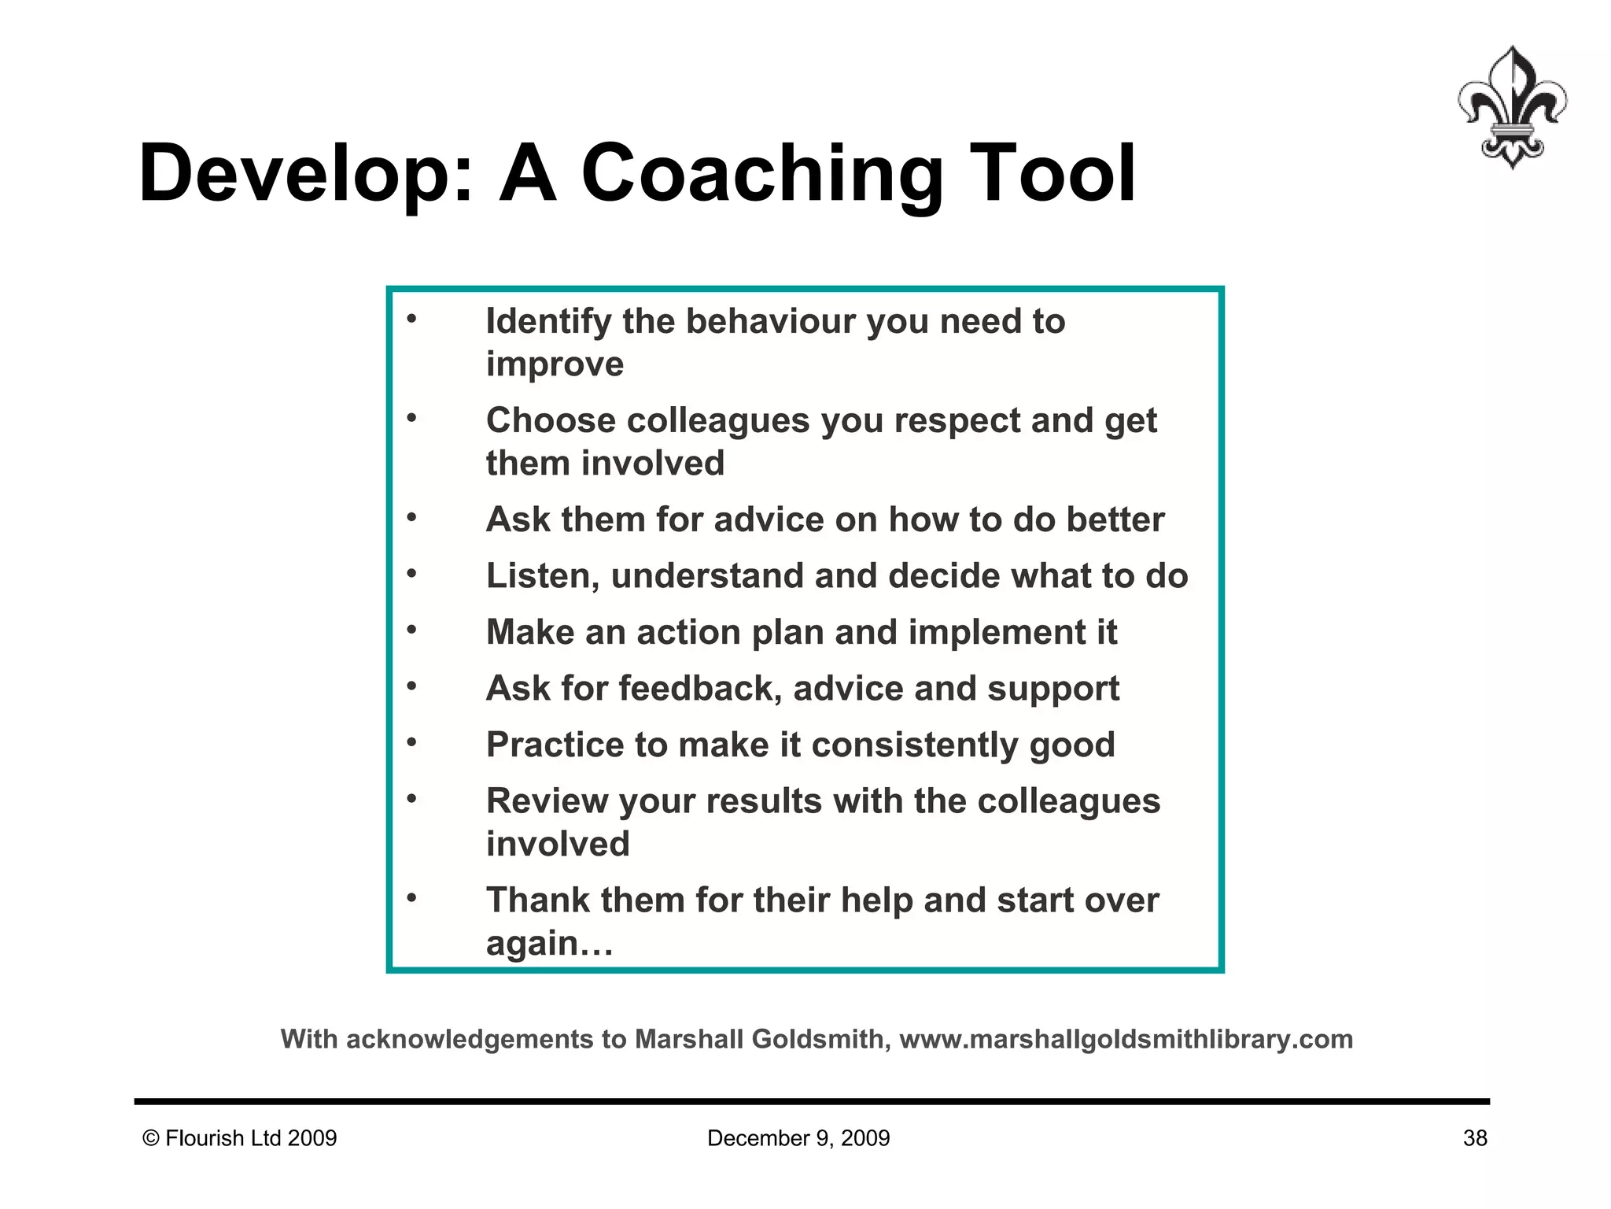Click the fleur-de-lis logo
[1511, 107]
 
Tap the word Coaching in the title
[761, 174]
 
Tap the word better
[1115, 520]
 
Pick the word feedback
[699, 689]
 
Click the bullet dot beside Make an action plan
[411, 630]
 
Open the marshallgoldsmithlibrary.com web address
[1126, 1040]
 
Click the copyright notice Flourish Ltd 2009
[240, 1138]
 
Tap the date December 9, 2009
[798, 1138]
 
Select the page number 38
[1475, 1138]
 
